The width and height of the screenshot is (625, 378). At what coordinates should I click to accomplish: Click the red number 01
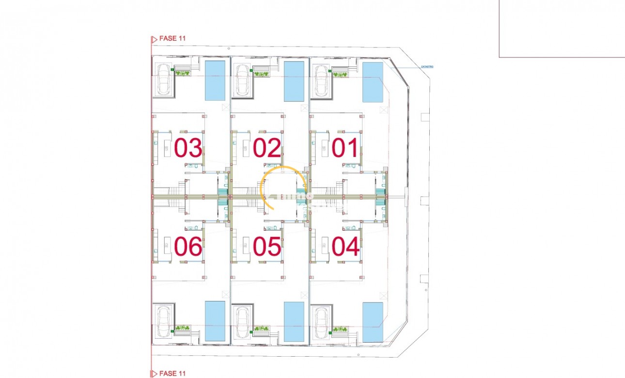[345, 148]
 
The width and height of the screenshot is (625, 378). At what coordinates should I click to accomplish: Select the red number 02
[266, 148]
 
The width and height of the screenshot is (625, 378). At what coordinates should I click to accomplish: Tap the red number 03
[188, 148]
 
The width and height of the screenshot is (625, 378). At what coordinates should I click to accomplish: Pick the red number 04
[345, 247]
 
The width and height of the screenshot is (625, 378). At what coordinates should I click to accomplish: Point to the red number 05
[266, 247]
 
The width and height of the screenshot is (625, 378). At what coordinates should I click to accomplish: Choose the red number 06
[188, 247]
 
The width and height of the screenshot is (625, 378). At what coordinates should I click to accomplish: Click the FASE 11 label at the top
[172, 38]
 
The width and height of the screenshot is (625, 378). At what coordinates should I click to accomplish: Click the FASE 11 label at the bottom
[172, 373]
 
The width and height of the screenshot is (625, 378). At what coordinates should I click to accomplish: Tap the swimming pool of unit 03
[215, 80]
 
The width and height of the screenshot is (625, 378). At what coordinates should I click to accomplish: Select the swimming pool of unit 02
[294, 81]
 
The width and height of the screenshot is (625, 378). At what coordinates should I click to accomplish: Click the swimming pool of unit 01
[373, 83]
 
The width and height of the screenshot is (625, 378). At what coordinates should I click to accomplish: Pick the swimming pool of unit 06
[215, 321]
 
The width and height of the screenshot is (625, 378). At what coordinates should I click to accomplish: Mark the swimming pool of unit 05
[294, 321]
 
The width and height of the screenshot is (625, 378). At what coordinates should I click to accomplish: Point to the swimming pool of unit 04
[373, 321]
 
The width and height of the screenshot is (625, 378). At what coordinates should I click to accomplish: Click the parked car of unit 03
[162, 80]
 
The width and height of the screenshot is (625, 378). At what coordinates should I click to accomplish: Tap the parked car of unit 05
[241, 321]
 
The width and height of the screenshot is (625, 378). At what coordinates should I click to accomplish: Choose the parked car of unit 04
[320, 321]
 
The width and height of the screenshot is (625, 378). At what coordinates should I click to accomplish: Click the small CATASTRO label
[426, 67]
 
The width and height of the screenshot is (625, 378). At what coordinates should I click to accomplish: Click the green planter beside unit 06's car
[183, 328]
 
